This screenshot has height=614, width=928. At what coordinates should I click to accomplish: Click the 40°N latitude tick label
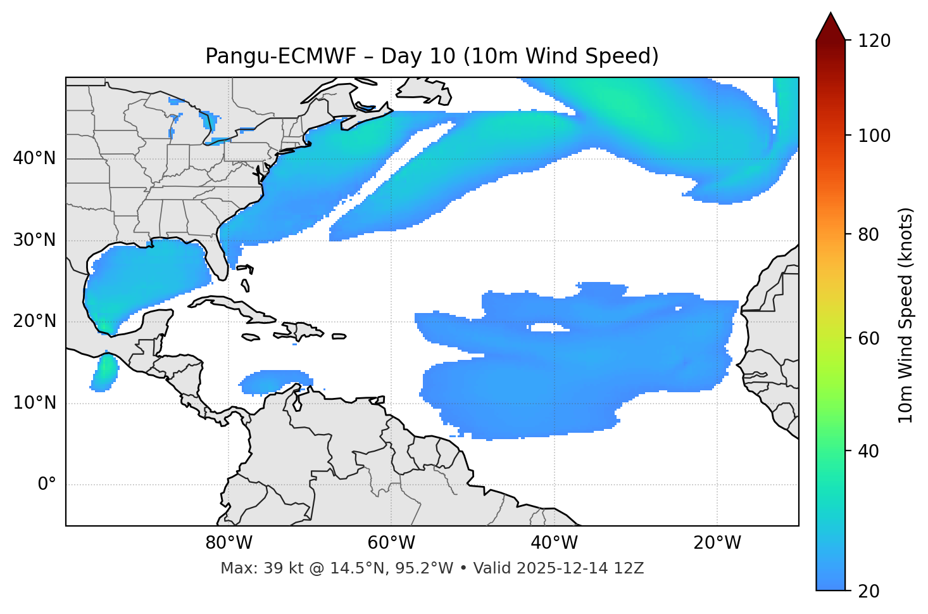[x=34, y=158]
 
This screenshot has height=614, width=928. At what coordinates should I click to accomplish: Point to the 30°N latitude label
[x=34, y=240]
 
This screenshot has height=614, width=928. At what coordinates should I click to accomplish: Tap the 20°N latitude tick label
[x=34, y=321]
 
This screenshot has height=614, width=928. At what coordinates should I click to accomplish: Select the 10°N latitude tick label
[x=34, y=403]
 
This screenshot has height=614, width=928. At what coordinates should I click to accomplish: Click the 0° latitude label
[x=47, y=485]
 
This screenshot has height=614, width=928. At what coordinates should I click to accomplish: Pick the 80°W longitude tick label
[x=229, y=543]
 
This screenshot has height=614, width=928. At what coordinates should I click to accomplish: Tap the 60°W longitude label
[x=391, y=543]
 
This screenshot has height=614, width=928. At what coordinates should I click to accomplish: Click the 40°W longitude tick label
[x=554, y=543]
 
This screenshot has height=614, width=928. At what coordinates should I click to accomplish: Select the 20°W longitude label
[x=717, y=543]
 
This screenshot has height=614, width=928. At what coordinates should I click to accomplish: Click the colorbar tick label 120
[x=874, y=41]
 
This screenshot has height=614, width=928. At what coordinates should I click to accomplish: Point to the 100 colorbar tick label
[x=874, y=136]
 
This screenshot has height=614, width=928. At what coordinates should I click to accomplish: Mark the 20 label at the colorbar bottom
[x=870, y=591]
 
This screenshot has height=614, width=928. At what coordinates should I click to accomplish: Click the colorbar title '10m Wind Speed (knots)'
[x=906, y=315]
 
